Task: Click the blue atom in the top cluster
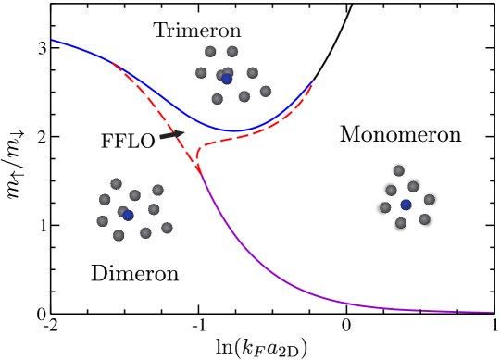[x=227, y=79]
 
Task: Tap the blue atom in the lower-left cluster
[x=128, y=215]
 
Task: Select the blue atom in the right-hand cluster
[x=406, y=205]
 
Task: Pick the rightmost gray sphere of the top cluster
[x=266, y=92]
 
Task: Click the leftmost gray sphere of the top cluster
[x=201, y=72]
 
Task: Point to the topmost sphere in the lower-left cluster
[x=116, y=183]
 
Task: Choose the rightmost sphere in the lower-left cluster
[x=167, y=228]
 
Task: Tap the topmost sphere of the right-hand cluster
[x=398, y=170]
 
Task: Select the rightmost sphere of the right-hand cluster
[x=430, y=199]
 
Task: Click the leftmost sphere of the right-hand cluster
[x=382, y=208]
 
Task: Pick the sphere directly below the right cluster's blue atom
[x=400, y=224]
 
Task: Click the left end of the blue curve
[x=54, y=40]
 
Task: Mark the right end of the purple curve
[x=492, y=312]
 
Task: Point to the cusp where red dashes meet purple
[x=198, y=169]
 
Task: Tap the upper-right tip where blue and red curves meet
[x=313, y=81]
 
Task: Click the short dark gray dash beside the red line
[x=171, y=135]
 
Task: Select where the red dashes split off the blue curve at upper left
[x=112, y=62]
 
